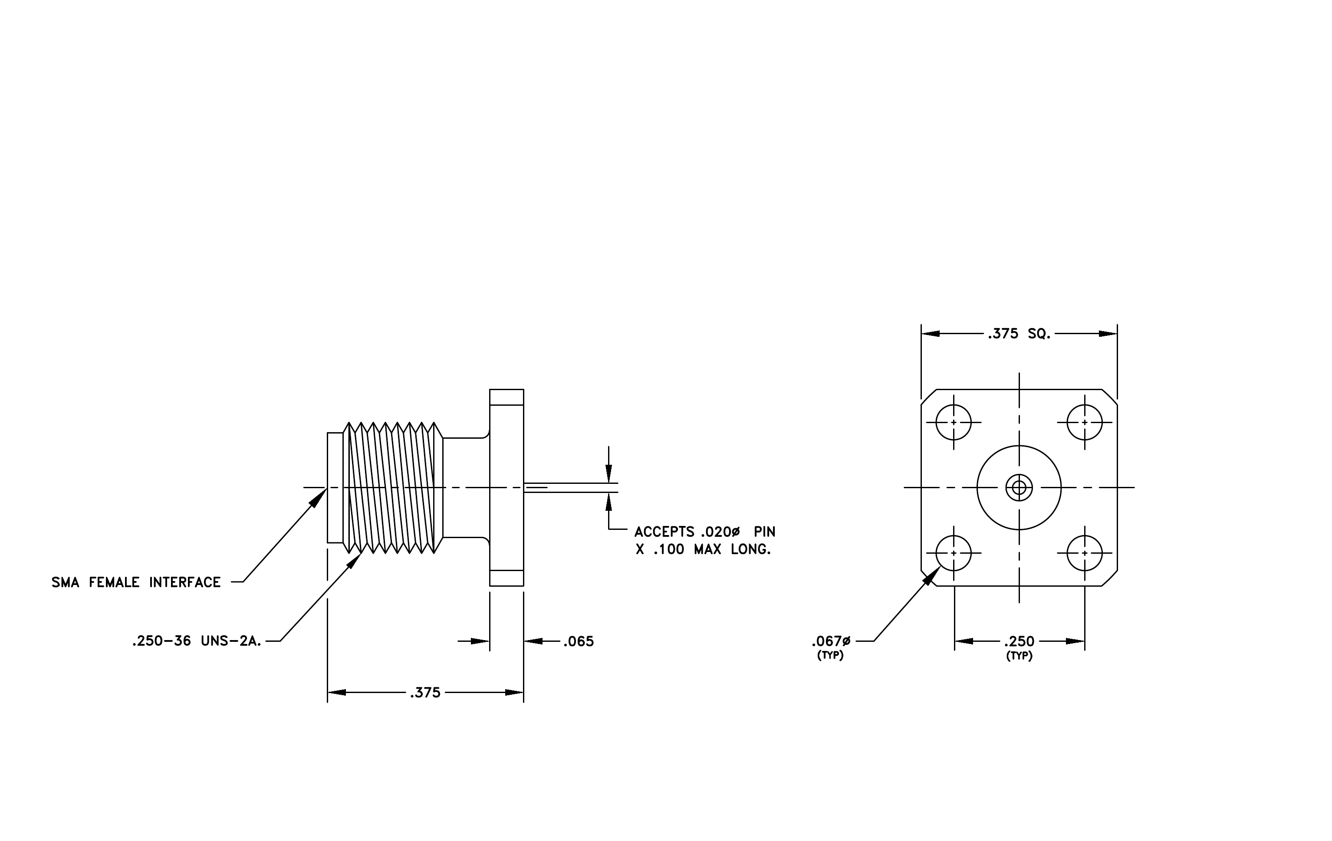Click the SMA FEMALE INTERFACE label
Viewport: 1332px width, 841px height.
click(136, 582)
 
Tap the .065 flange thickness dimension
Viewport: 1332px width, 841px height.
click(579, 641)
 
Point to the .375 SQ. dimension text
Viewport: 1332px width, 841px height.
click(1019, 334)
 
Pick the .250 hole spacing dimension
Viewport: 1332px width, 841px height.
click(1020, 641)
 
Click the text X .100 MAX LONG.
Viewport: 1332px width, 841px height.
click(703, 550)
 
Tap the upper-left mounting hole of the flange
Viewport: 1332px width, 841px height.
click(954, 422)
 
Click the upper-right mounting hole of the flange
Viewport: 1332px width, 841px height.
click(1085, 422)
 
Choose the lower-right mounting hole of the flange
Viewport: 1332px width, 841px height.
click(1085, 553)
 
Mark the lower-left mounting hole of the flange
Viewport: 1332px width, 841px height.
click(954, 553)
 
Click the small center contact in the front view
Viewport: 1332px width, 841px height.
click(1019, 488)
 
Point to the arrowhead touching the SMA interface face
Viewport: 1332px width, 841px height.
click(318, 498)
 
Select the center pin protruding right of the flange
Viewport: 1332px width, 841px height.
click(570, 488)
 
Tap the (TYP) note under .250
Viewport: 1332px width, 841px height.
click(1020, 656)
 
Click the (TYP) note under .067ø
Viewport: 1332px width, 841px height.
click(830, 656)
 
